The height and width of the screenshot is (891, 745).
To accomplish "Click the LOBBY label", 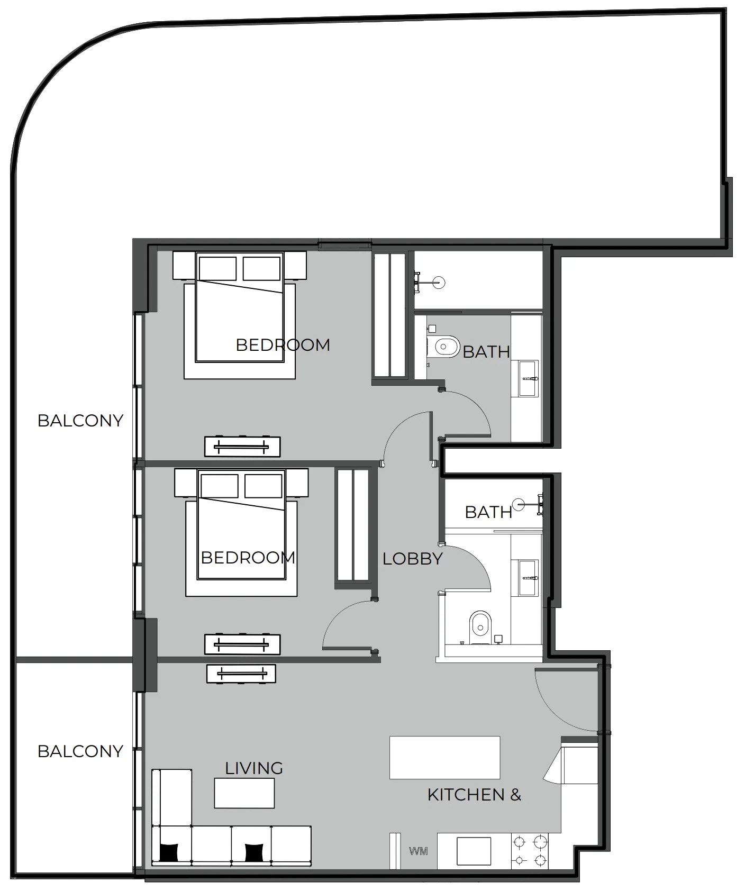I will pyautogui.click(x=412, y=559).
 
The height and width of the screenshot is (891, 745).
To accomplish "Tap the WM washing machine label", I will pyautogui.click(x=419, y=851).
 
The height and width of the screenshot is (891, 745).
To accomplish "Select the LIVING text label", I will pyautogui.click(x=254, y=768).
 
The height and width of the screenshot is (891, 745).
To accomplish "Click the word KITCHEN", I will pyautogui.click(x=466, y=795).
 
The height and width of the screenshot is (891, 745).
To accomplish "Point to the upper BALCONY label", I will pyautogui.click(x=80, y=421).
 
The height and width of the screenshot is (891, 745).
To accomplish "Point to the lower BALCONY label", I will pyautogui.click(x=80, y=751).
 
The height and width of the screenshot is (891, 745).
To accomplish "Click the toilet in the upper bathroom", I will pyautogui.click(x=446, y=347).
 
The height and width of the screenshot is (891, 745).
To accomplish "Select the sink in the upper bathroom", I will pyautogui.click(x=528, y=378).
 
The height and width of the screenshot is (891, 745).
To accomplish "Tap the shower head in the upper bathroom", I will pyautogui.click(x=438, y=283).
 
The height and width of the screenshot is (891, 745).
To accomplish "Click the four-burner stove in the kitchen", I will pyautogui.click(x=529, y=851).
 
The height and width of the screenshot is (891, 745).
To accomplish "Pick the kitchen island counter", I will pyautogui.click(x=444, y=757).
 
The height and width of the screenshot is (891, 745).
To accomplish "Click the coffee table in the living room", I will pyautogui.click(x=244, y=793).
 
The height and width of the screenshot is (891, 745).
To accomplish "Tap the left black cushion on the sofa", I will pyautogui.click(x=169, y=852).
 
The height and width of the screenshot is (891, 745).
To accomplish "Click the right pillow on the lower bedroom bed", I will pyautogui.click(x=263, y=486).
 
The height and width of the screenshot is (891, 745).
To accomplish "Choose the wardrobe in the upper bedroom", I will pyautogui.click(x=390, y=315).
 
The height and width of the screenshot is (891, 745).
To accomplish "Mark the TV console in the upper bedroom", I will pyautogui.click(x=242, y=447).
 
